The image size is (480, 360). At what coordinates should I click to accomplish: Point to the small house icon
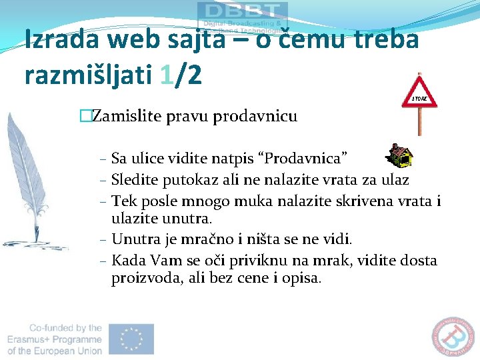click(401, 155)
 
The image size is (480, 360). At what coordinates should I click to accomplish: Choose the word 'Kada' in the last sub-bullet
click(126, 260)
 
